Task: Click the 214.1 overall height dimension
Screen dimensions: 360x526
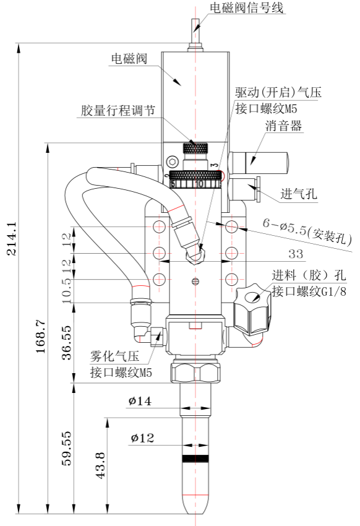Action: point(12,239)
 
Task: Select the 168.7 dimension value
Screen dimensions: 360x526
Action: point(41,336)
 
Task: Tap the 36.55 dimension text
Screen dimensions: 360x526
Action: point(67,342)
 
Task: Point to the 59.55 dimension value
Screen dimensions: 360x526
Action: point(67,448)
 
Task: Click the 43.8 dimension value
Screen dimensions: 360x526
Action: point(101,465)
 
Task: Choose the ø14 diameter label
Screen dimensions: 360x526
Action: point(140,401)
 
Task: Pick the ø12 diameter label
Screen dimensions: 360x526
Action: point(142,438)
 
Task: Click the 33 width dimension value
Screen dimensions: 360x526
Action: point(295,254)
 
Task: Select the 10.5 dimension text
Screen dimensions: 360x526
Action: point(67,290)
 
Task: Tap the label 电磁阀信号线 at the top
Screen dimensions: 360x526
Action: point(247,7)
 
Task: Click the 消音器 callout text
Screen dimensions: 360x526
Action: point(283,126)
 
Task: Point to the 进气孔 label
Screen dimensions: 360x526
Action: point(299,194)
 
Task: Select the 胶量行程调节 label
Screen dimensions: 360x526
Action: point(118,110)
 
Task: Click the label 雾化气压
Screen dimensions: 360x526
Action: point(114,356)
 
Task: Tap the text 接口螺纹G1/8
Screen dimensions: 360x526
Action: point(309,291)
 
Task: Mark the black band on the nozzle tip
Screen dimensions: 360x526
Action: point(195,459)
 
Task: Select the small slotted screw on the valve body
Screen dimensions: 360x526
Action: point(195,281)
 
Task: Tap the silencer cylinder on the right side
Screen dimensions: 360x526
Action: point(259,163)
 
